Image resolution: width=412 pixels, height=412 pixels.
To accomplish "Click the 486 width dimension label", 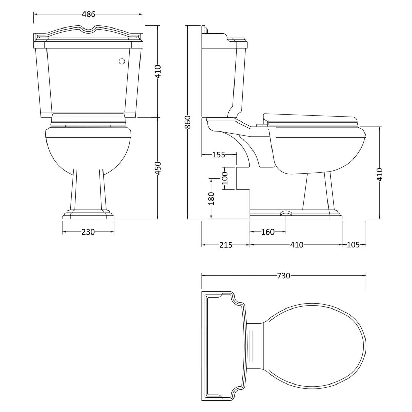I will pyautogui.click(x=89, y=14).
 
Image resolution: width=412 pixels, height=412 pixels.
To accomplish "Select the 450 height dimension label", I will pyautogui.click(x=158, y=168).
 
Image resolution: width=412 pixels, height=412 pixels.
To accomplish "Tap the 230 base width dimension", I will pyautogui.click(x=88, y=232).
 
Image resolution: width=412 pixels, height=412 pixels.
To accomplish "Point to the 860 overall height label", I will pyautogui.click(x=188, y=123).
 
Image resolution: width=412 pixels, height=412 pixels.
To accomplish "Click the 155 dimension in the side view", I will pyautogui.click(x=219, y=155).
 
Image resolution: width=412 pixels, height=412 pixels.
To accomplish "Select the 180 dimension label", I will pyautogui.click(x=211, y=199).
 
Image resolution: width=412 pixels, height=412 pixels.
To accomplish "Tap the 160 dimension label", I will pyautogui.click(x=268, y=232).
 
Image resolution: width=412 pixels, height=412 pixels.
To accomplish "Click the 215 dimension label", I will pyautogui.click(x=226, y=245).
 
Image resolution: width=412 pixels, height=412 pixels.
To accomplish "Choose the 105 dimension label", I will pyautogui.click(x=353, y=245).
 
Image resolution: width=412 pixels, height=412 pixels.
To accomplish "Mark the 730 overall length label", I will pyautogui.click(x=284, y=276).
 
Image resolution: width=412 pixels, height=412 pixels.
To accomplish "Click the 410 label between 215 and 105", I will pyautogui.click(x=297, y=245).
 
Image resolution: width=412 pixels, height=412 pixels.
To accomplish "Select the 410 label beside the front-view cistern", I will pyautogui.click(x=158, y=72).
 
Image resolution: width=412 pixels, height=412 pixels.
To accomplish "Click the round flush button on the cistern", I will pyautogui.click(x=122, y=61).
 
